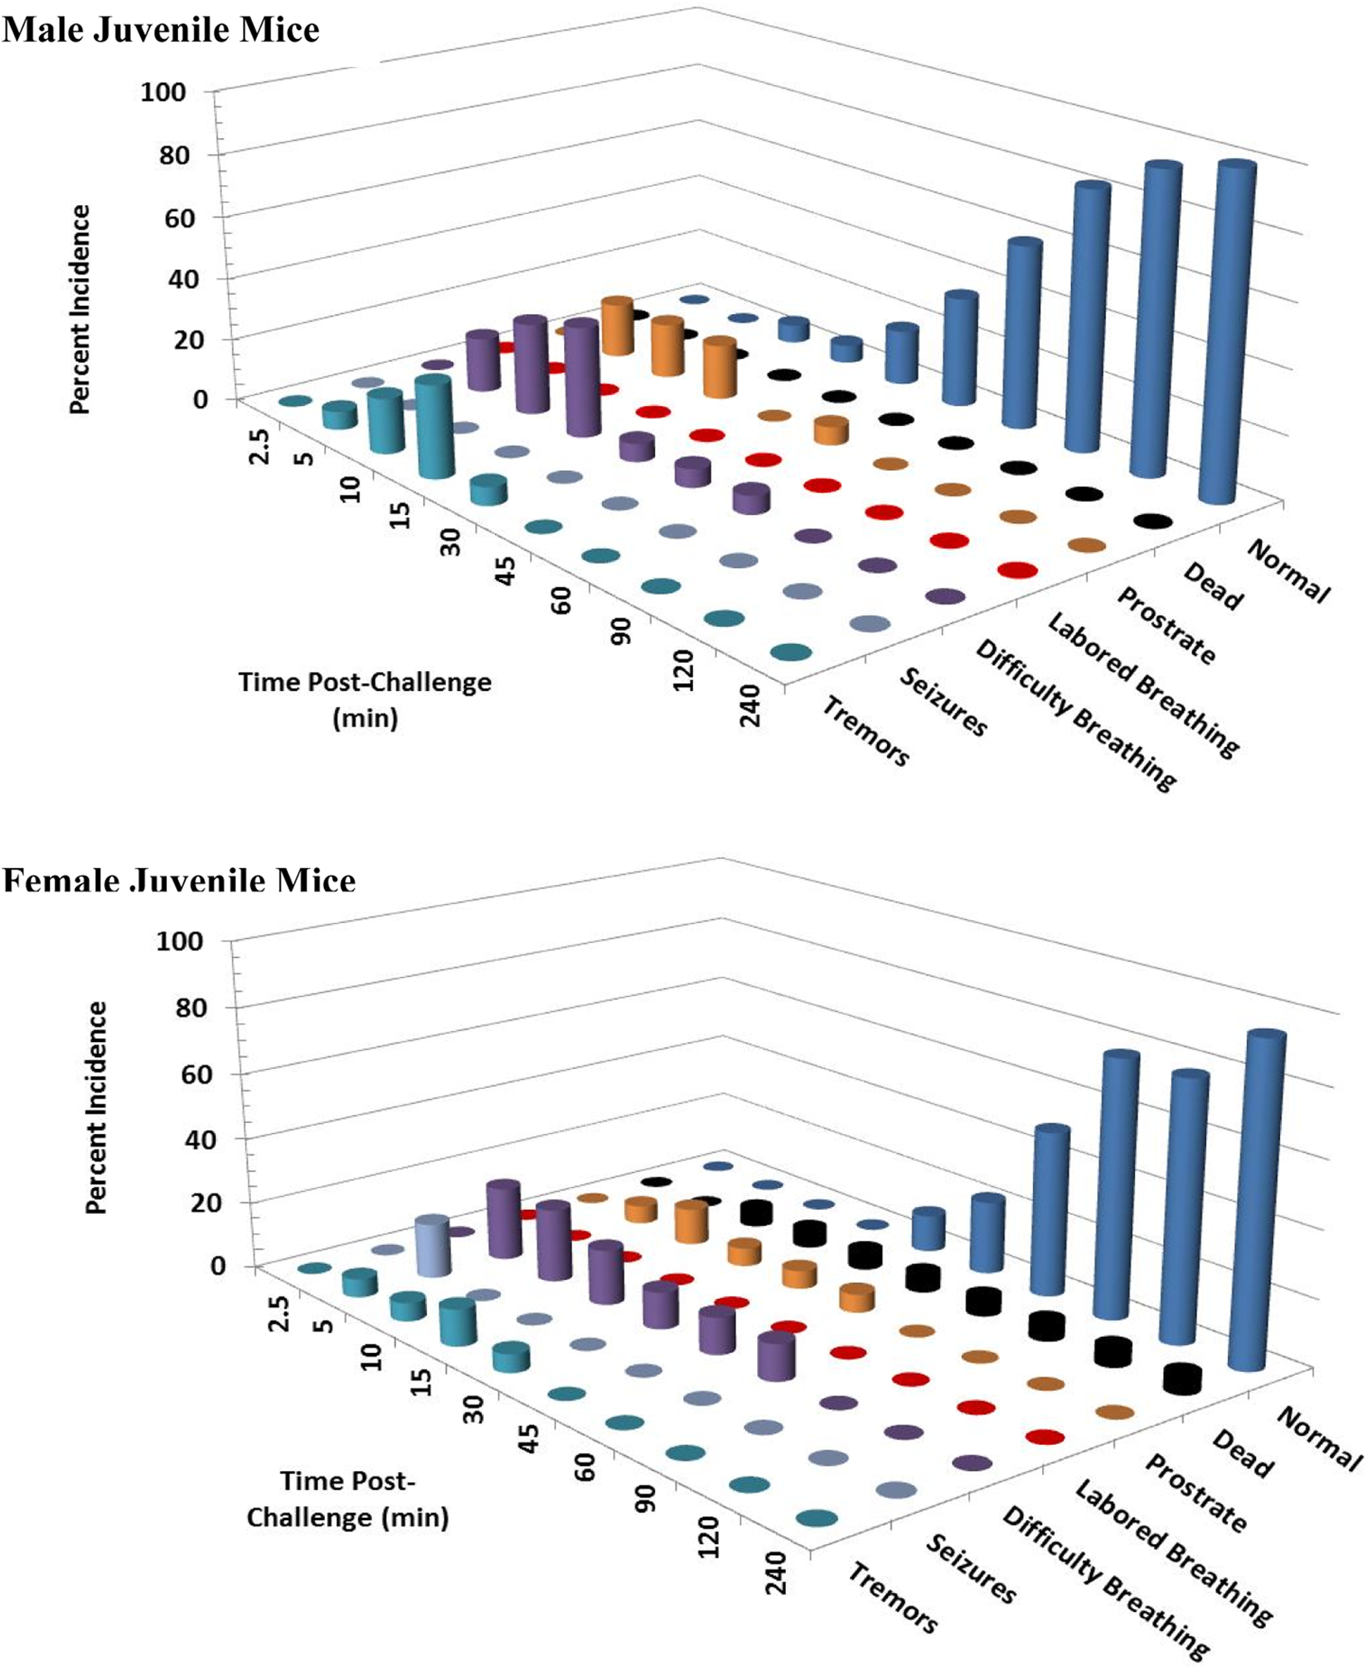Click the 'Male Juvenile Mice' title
pos(161,30)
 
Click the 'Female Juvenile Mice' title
pos(179,880)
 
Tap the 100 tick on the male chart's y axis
pos(163,92)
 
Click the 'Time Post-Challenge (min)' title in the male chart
pos(365,699)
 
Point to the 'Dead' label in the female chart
pos(1241,1453)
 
